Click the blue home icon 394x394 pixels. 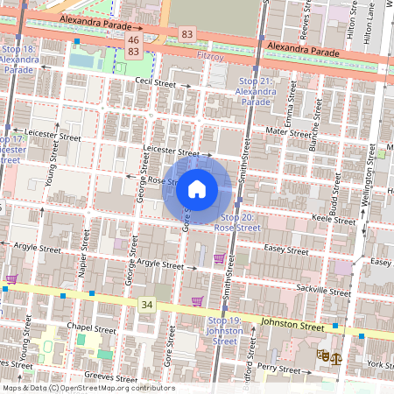coord(197,188)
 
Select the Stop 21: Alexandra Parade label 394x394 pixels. coord(256,91)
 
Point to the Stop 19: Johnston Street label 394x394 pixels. coord(225,330)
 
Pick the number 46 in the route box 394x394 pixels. coord(133,40)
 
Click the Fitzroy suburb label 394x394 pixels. coord(212,54)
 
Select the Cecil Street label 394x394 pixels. coord(156,83)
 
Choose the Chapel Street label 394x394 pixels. coord(92,329)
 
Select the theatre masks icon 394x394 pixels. coord(323,355)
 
